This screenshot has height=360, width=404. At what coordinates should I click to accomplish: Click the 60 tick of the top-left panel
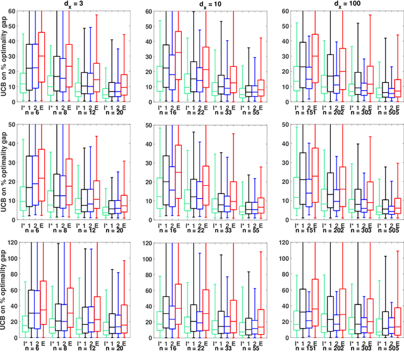(x=16, y=11)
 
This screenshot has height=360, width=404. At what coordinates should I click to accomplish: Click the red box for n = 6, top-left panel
(x=42, y=54)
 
